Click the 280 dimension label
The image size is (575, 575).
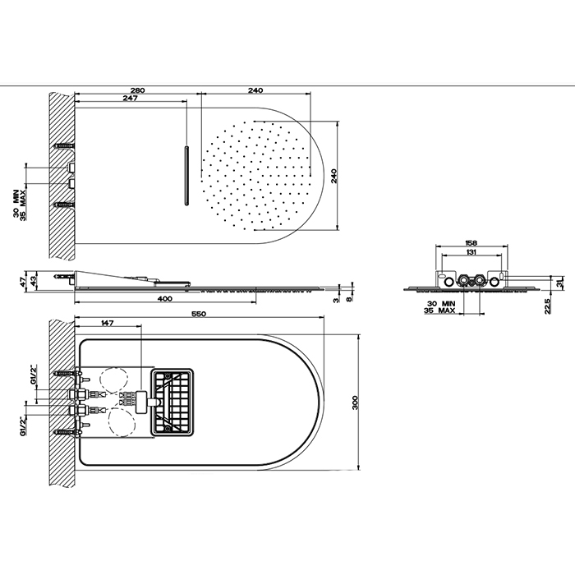point(137,90)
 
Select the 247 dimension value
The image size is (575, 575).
point(130,99)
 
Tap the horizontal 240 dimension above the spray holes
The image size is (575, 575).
point(255,90)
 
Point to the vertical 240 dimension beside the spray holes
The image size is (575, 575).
point(334,176)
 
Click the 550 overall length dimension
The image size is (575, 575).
point(199,314)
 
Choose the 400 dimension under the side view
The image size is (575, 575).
point(165,299)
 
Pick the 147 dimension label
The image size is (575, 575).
point(107,323)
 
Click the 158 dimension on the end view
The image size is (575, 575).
point(471,243)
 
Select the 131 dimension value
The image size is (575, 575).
point(471,252)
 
